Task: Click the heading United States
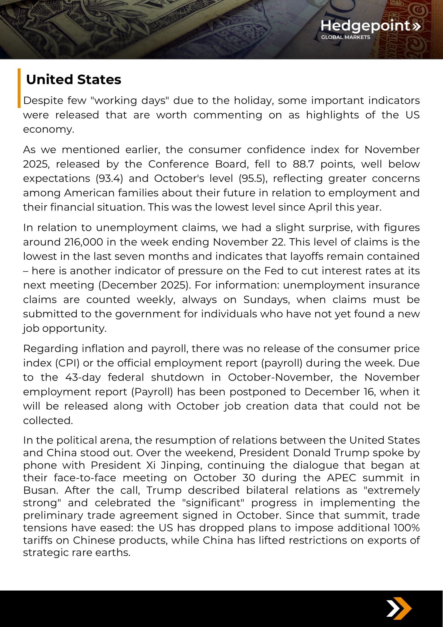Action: (73, 80)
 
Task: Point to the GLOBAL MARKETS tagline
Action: (345, 37)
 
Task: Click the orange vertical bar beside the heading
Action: (19, 88)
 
